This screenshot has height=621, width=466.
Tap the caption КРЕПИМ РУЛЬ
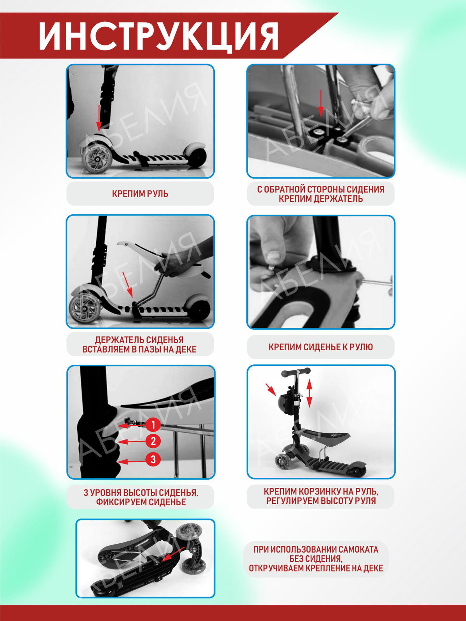pos(140,194)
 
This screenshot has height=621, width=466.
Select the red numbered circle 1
pos(153,424)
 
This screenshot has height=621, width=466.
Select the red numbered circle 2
pos(153,441)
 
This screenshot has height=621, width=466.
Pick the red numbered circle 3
pos(153,459)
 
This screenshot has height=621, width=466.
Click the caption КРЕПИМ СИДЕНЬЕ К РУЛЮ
pos(321,347)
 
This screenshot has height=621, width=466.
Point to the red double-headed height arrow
pos(310,393)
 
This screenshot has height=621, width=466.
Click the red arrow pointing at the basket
pos(271,389)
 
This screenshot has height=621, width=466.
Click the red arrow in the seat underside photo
pos(321,103)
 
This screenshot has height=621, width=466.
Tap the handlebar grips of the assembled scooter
pos(296,372)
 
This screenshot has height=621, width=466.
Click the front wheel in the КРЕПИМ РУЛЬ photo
pos(93,159)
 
